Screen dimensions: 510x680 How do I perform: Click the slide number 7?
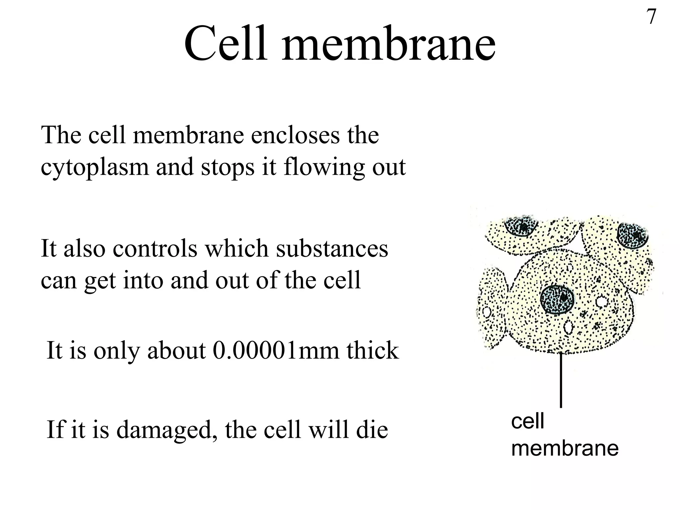[651, 17]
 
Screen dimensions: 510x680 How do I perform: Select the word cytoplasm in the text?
[95, 167]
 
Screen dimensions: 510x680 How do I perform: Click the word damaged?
[164, 430]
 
